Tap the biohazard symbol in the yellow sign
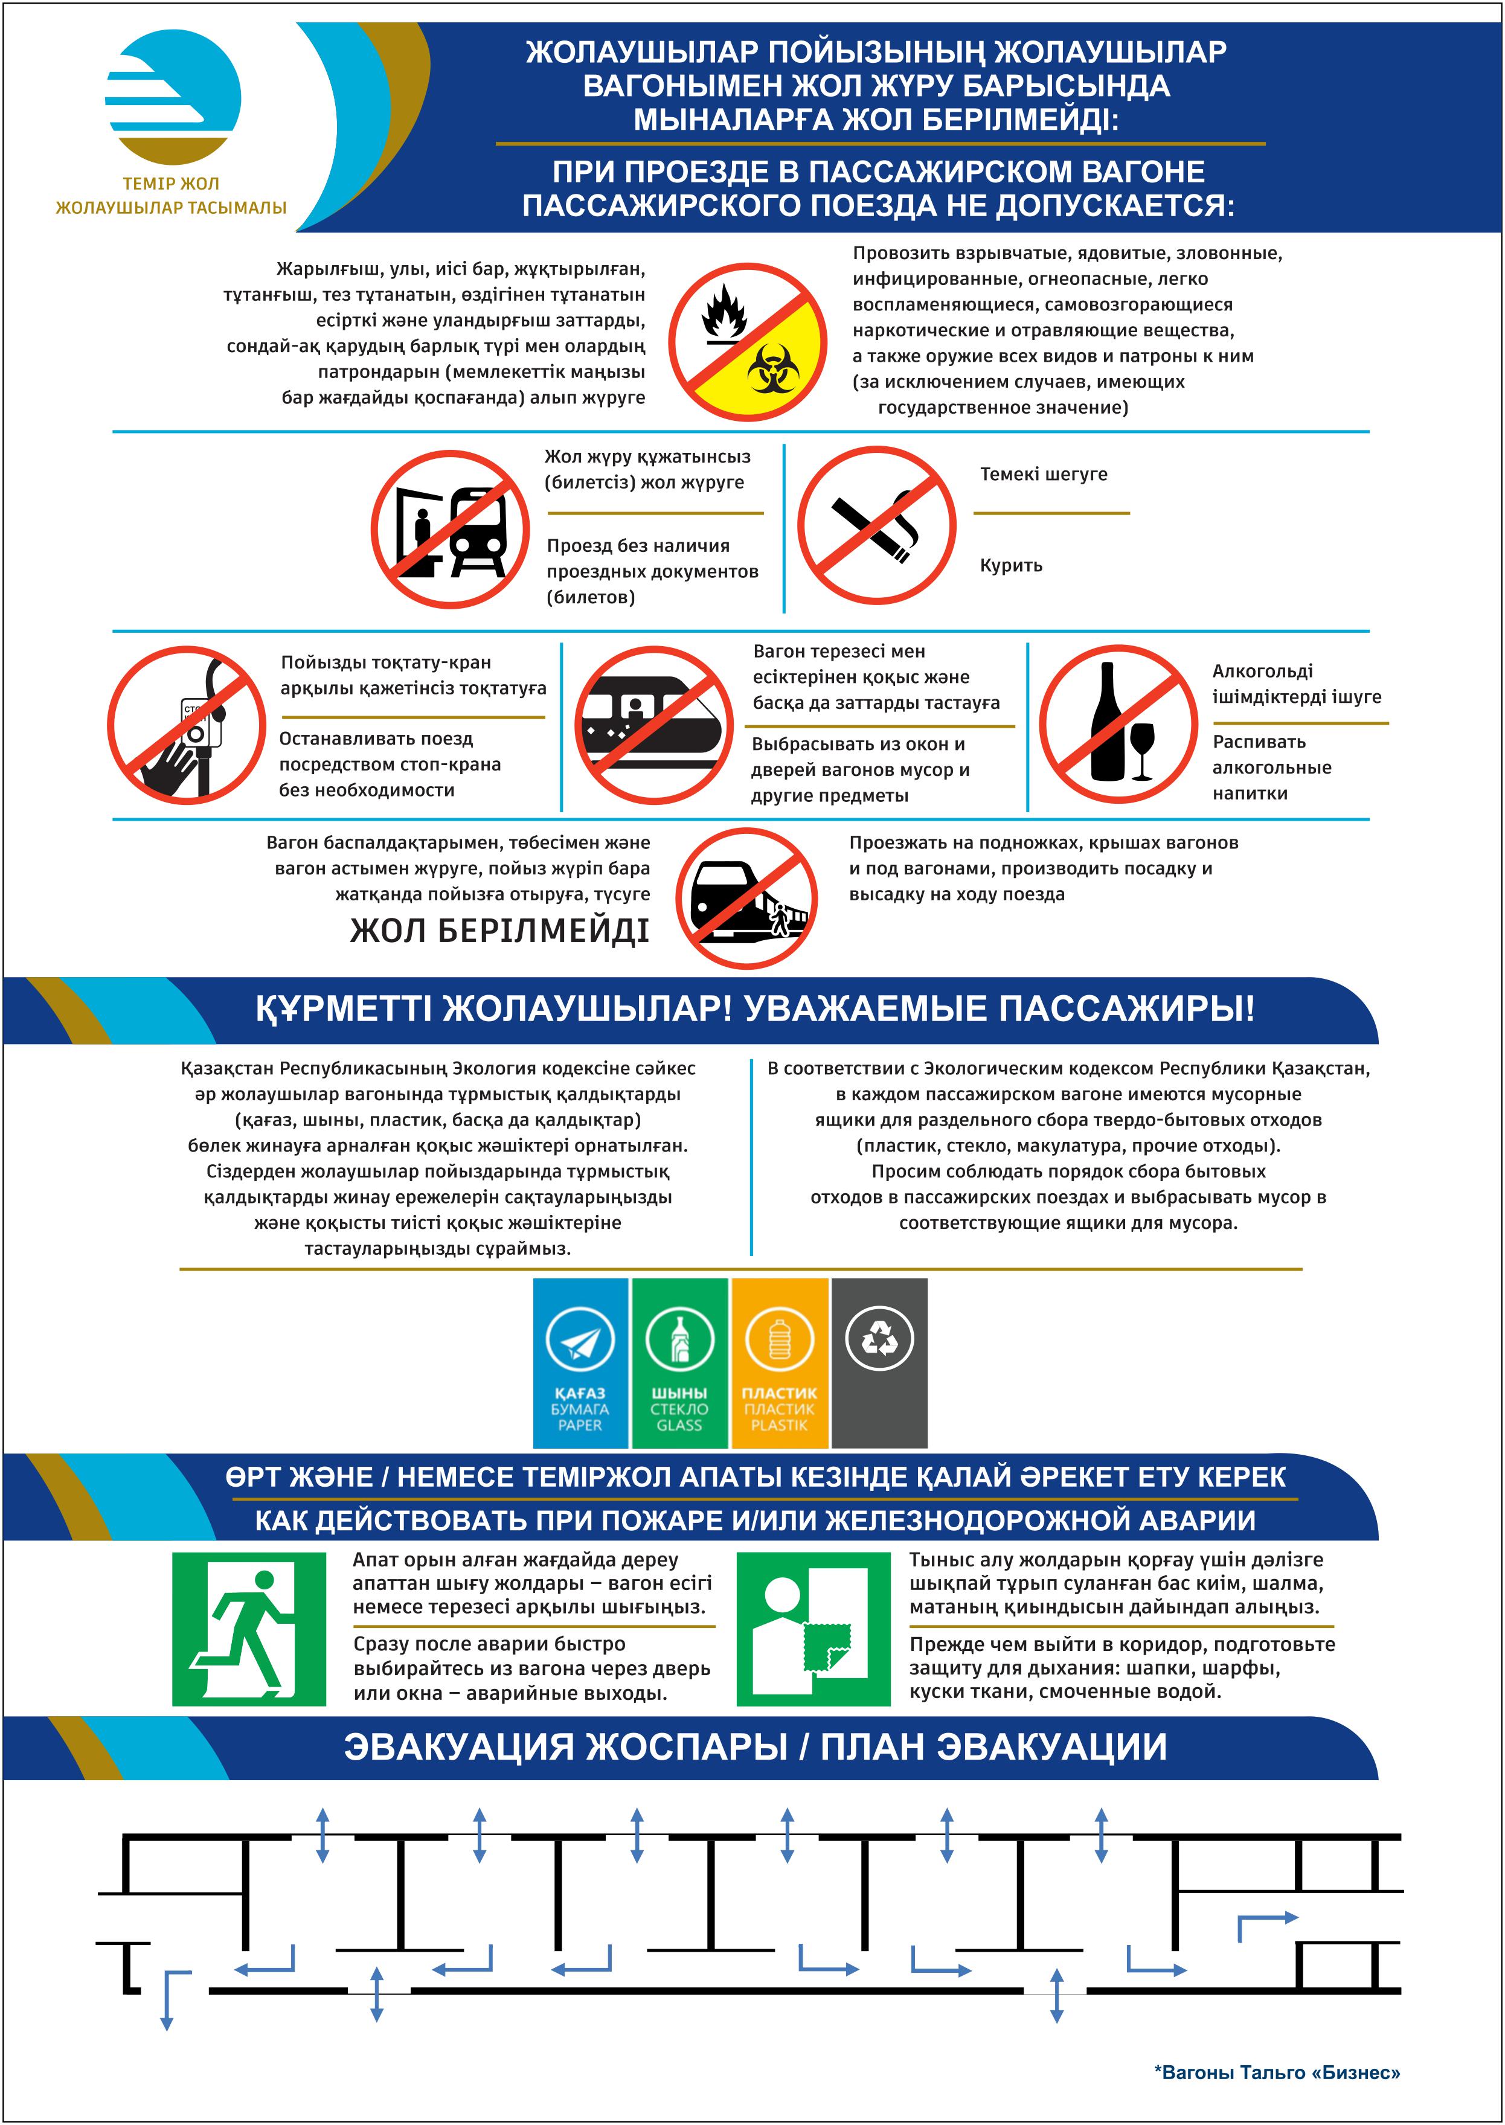773,367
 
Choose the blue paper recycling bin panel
580,1362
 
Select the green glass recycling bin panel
679,1362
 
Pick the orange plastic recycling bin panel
779,1362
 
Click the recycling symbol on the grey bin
879,1338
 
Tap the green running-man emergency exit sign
248,1629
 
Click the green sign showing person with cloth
813,1629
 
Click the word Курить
1011,565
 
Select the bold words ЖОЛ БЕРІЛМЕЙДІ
499,931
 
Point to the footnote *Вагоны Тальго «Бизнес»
1276,2072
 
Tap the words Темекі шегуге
1044,475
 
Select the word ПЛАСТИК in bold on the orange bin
779,1393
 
